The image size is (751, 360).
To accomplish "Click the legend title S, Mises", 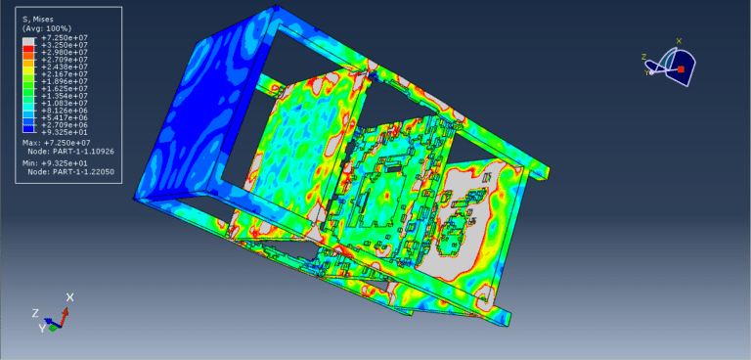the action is pos(37,20).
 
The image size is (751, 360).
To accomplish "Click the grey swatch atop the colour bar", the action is pos(28,41).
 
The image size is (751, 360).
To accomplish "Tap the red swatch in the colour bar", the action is pos(28,48).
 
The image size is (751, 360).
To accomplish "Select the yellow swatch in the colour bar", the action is pos(28,70).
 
